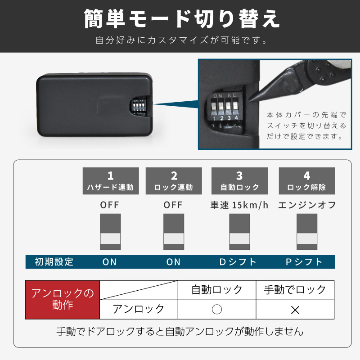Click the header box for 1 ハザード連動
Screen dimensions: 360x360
click(x=111, y=181)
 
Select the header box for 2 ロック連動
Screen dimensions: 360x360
click(x=174, y=181)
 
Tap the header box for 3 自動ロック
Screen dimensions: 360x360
click(x=239, y=181)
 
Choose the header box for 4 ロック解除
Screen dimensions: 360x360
click(x=307, y=181)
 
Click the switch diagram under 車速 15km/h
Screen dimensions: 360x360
click(x=239, y=232)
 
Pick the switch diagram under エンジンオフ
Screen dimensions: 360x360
click(x=307, y=232)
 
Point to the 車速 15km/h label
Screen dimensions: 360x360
click(x=239, y=205)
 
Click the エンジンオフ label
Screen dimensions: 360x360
click(x=307, y=205)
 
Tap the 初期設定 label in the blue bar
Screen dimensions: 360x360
click(x=54, y=262)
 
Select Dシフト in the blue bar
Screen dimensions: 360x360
click(x=238, y=262)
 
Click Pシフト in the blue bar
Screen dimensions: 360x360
click(x=304, y=262)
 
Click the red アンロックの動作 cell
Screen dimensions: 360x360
click(x=63, y=300)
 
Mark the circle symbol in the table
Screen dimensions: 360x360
click(x=217, y=309)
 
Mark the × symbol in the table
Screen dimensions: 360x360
click(x=295, y=310)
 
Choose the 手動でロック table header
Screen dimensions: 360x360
click(x=295, y=290)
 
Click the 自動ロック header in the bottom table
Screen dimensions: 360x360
click(x=217, y=290)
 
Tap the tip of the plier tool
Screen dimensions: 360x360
click(x=250, y=100)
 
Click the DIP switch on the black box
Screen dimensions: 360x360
click(x=139, y=106)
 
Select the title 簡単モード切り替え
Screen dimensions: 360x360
click(x=182, y=19)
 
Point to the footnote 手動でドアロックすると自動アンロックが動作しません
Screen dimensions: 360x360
click(x=180, y=332)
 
